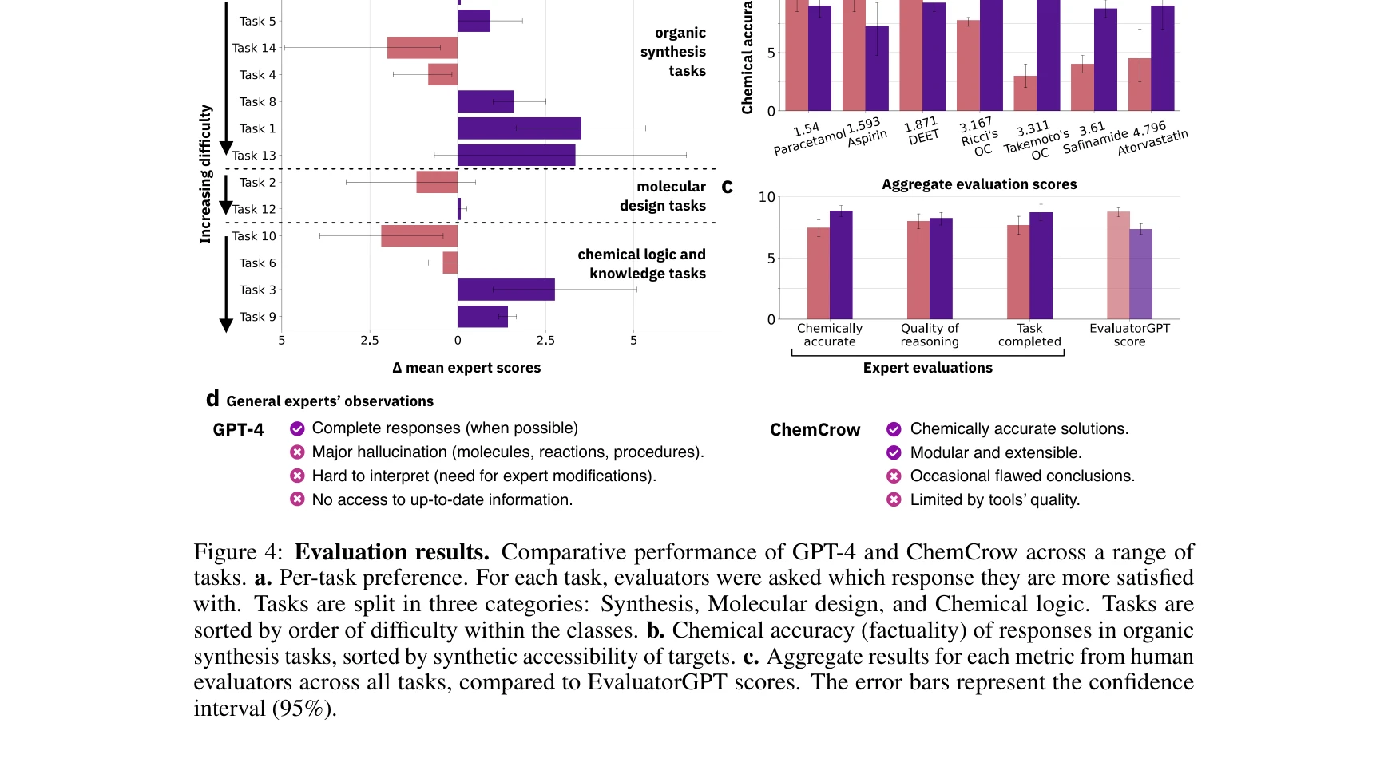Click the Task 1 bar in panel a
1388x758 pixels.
coord(519,128)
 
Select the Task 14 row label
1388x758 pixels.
coord(253,48)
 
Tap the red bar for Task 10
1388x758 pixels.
coord(418,236)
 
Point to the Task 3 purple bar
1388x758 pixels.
coord(506,290)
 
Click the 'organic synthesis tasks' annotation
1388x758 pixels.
coord(673,52)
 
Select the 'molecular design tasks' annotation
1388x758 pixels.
coord(663,196)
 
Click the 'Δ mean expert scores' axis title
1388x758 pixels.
coord(466,368)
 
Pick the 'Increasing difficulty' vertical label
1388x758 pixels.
coord(205,174)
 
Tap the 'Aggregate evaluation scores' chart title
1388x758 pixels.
coord(978,184)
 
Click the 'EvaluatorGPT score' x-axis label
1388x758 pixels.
coord(1129,335)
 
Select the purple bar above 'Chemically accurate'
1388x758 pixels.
coord(841,265)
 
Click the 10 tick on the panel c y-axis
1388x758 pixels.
coord(767,197)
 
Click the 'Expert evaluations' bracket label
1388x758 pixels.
coord(927,368)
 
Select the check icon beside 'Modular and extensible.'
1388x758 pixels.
coord(894,453)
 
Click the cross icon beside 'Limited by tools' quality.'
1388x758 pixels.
coord(894,500)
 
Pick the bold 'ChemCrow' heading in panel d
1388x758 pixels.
coord(815,430)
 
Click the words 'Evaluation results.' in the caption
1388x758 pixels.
coord(391,552)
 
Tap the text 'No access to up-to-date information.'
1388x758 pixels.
coord(442,500)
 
